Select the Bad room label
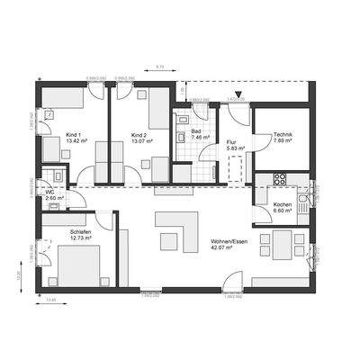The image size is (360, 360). pyautogui.click(x=196, y=131)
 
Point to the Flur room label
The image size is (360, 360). pyautogui.click(x=230, y=141)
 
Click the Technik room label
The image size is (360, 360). pyautogui.click(x=283, y=135)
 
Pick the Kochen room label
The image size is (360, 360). pyautogui.click(x=283, y=204)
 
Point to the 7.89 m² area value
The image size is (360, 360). pyautogui.click(x=283, y=141)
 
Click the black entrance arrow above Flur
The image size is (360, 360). pyautogui.click(x=238, y=94)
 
